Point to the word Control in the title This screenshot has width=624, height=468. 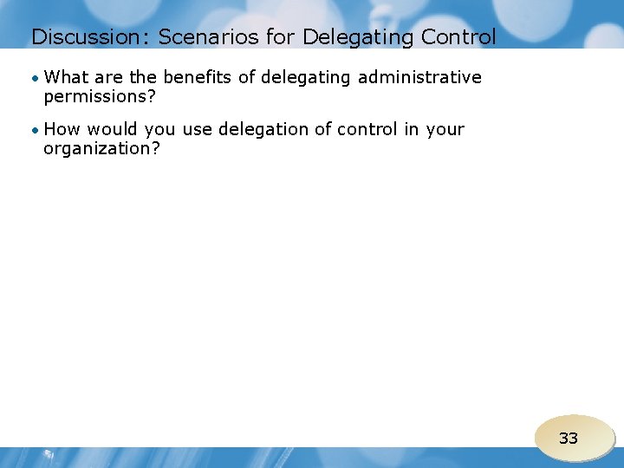coord(458,37)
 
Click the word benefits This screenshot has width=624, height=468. coord(198,77)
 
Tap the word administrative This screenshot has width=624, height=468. coord(419,77)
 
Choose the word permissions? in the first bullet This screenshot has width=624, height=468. coord(100,97)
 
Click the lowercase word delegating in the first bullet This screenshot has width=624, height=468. coord(307,78)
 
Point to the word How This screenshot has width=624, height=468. coord(62,129)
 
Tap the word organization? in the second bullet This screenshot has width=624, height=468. coord(102,148)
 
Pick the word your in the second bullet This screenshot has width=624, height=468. coord(445,130)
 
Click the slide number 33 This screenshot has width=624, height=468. coord(569,439)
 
